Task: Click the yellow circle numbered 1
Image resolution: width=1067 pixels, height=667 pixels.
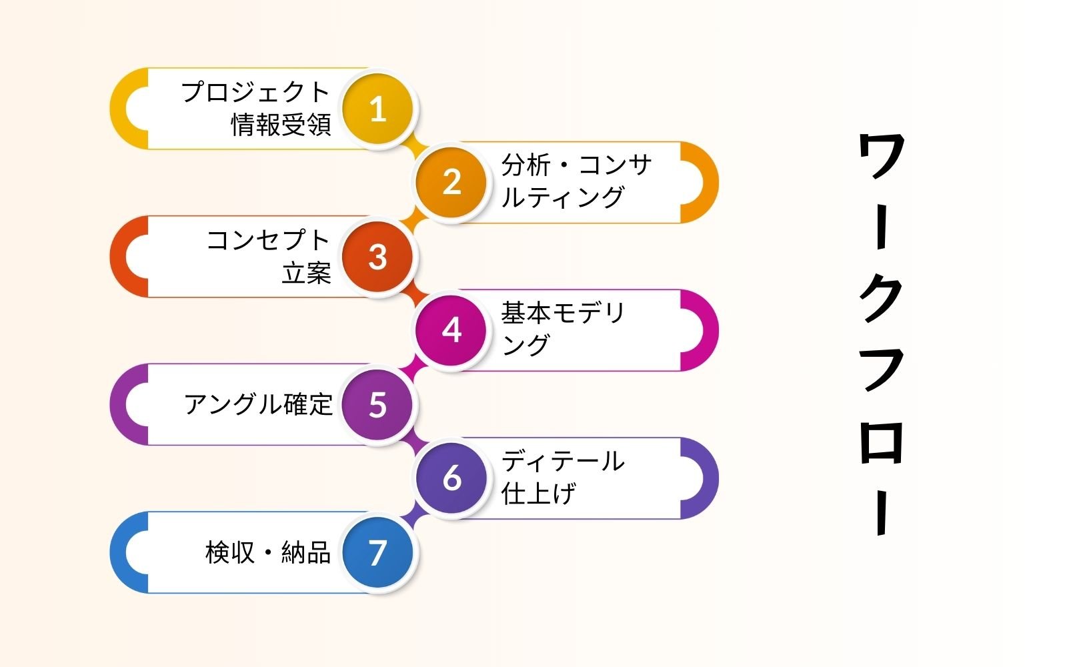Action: coord(378,108)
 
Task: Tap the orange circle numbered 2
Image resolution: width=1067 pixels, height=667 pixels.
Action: coord(451,182)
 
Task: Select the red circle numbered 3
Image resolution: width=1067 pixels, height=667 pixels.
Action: coord(378,256)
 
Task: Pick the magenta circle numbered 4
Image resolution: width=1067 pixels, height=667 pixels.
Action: coord(451,330)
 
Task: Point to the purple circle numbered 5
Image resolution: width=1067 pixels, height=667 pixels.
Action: coord(378,404)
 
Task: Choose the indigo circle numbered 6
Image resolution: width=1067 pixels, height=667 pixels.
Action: coord(451,478)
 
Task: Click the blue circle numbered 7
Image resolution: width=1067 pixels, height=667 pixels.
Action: coord(378,552)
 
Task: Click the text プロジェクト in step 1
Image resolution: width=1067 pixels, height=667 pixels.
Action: coord(255,92)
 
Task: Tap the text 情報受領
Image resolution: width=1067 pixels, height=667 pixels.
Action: coord(281,125)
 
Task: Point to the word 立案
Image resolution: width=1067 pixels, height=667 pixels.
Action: coord(306,273)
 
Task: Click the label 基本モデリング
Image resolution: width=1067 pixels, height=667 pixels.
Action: coord(562,329)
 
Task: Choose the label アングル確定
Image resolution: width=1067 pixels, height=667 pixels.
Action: coord(258,404)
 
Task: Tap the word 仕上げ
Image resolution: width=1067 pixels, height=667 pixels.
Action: coord(538,494)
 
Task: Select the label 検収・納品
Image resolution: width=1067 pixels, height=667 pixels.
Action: coord(268,552)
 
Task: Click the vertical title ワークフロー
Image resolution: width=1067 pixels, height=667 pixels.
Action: coord(881,333)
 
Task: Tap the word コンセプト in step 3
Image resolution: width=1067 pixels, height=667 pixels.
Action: coord(268,240)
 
